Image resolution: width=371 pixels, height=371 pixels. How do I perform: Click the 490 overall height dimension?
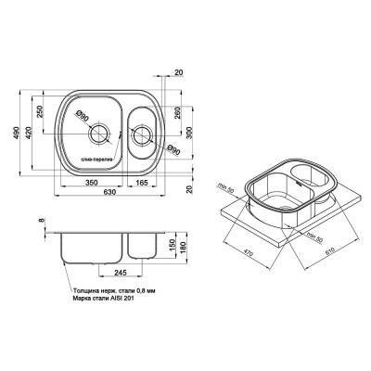tap(17, 134)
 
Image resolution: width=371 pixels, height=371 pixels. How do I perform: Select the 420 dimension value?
tap(30, 134)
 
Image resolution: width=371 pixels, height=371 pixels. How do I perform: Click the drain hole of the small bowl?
tap(141, 135)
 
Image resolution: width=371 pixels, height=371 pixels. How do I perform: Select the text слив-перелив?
tap(96, 160)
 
